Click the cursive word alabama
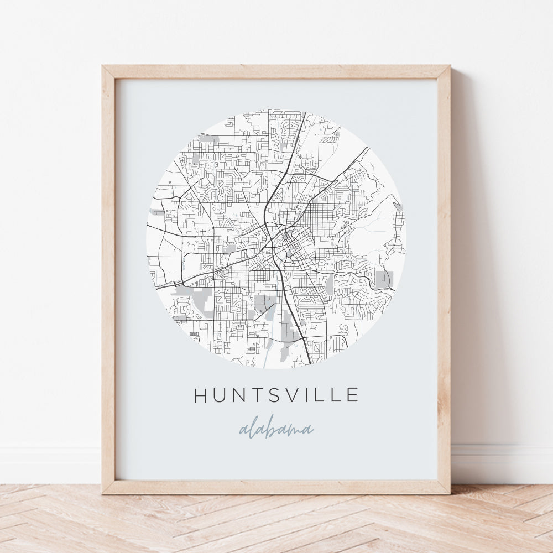pos(276,429)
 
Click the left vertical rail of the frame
pos(108,276)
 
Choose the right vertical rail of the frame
pos(444,276)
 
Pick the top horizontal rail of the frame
pos(276,72)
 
